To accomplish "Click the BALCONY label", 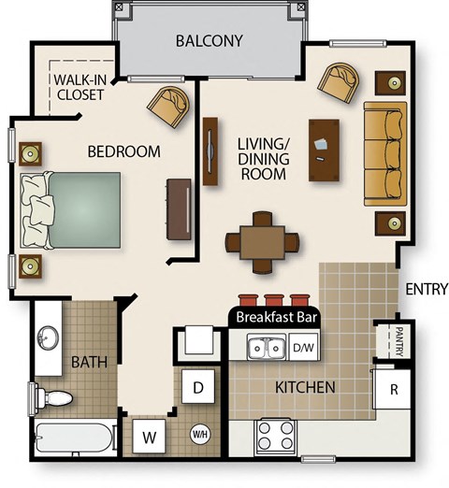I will (210, 41).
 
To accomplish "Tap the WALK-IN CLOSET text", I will (79, 86).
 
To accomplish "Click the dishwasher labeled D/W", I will (302, 348).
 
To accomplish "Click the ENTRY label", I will (426, 290).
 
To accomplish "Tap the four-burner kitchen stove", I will (276, 436).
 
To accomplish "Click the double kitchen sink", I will (265, 349).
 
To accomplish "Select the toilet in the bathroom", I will (53, 398).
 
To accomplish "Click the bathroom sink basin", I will (46, 337).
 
